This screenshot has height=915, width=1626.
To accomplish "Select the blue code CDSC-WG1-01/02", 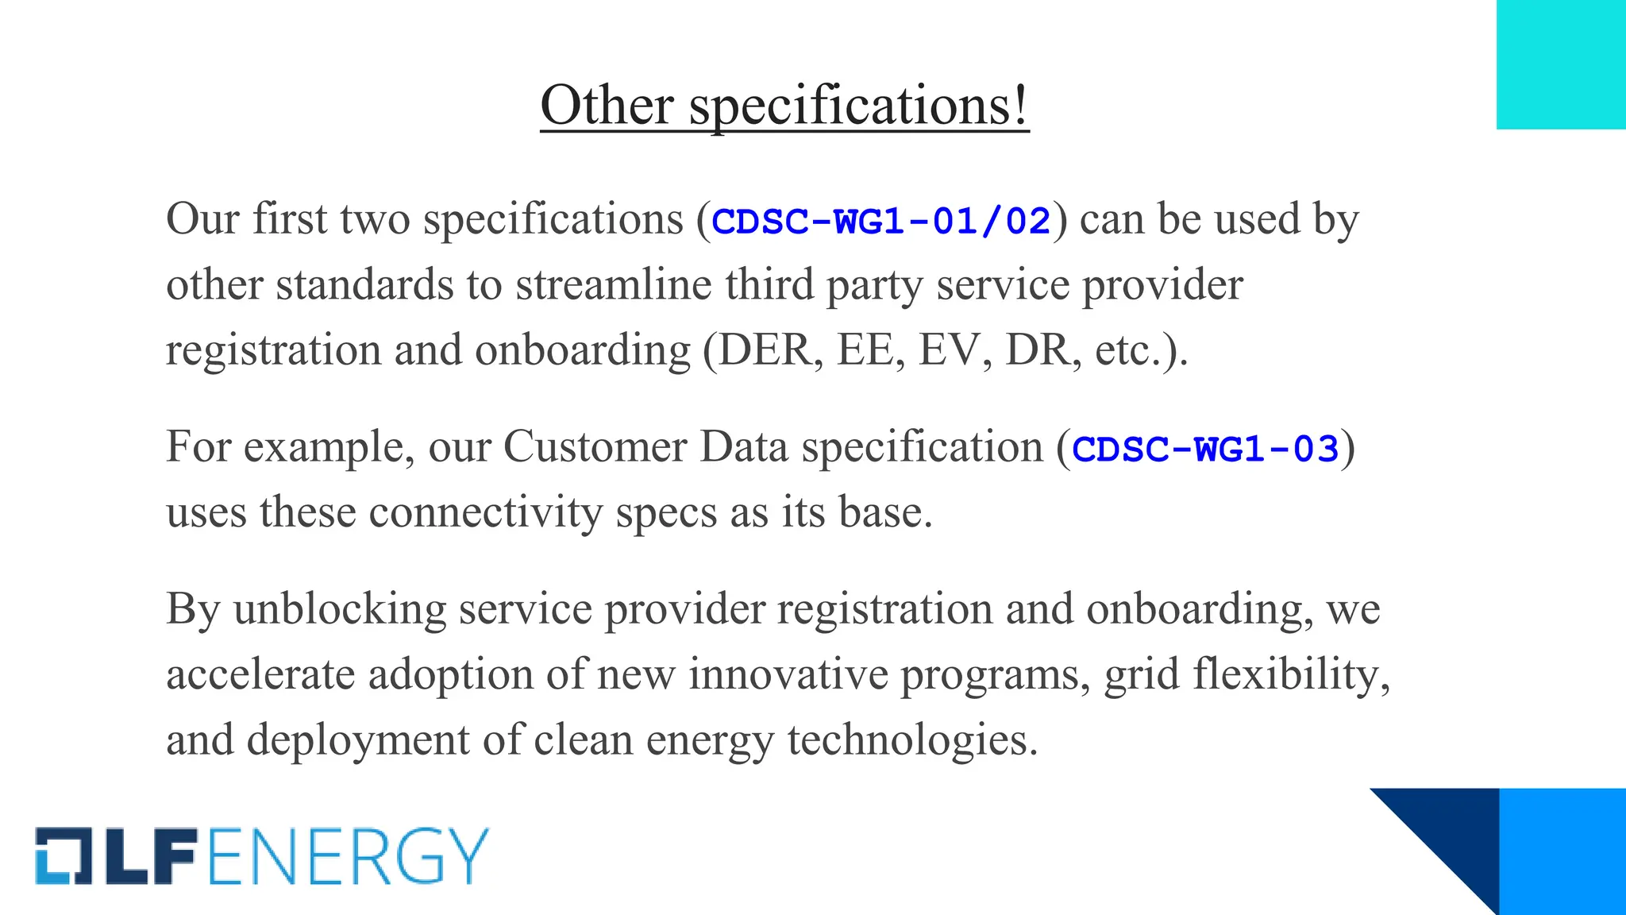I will pyautogui.click(x=881, y=221).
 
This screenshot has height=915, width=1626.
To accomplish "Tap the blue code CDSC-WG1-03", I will pyautogui.click(x=1205, y=449).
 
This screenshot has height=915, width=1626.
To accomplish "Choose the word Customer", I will pyautogui.click(x=595, y=447).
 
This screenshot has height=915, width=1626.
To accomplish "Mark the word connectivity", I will pyautogui.click(x=486, y=512).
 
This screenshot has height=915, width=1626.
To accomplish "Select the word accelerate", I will pyautogui.click(x=260, y=675).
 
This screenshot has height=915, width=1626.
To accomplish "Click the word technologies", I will pyautogui.click(x=912, y=740).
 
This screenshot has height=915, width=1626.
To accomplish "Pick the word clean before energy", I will pyautogui.click(x=584, y=740).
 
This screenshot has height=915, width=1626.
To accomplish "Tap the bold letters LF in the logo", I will pyautogui.click(x=151, y=856).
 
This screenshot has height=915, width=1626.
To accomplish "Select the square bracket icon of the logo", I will pyautogui.click(x=64, y=856).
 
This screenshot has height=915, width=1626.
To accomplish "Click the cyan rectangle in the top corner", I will pyautogui.click(x=1561, y=64).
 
